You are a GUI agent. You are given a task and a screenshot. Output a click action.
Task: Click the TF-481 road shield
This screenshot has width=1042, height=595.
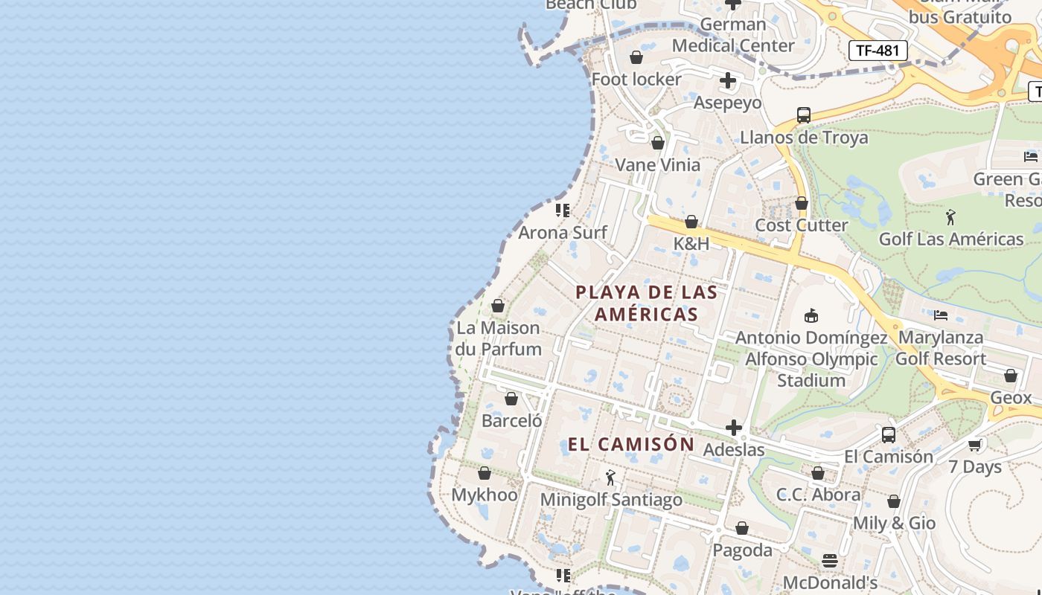point(878,51)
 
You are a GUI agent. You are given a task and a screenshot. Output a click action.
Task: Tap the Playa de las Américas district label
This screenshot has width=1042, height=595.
point(647,303)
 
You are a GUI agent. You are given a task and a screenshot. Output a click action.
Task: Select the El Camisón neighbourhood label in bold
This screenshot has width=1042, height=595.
point(631,445)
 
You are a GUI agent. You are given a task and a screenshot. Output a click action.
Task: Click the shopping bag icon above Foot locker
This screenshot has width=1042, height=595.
point(636,57)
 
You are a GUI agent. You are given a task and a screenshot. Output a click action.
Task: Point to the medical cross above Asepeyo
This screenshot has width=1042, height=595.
point(728,80)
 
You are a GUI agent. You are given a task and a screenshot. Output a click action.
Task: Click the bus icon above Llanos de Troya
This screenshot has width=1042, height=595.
point(804,115)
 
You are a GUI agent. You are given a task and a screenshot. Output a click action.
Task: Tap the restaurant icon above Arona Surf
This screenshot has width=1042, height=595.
point(563,210)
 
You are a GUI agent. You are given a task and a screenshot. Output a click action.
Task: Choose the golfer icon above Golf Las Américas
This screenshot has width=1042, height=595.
point(950,217)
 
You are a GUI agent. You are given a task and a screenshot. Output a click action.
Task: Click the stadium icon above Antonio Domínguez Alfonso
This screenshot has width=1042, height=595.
point(811,316)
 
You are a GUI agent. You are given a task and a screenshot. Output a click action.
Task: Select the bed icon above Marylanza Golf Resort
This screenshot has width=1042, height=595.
point(941,315)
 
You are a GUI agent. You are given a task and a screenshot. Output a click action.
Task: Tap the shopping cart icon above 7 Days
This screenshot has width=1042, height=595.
point(975,445)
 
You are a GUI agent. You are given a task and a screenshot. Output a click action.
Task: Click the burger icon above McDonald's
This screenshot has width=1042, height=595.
point(830,560)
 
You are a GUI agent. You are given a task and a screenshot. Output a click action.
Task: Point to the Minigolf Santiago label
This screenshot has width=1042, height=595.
point(611,500)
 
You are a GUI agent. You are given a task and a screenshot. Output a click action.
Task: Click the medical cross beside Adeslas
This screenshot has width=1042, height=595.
point(734,428)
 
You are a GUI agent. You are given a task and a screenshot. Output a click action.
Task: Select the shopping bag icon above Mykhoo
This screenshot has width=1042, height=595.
point(485,473)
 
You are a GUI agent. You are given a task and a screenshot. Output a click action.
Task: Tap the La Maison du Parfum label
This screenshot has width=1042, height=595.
point(498,338)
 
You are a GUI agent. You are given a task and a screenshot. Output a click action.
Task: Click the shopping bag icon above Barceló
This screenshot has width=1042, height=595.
point(511,399)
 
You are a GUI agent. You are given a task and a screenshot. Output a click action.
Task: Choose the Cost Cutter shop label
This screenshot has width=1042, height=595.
point(802,225)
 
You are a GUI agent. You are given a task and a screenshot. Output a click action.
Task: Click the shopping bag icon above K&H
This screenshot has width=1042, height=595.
point(691,222)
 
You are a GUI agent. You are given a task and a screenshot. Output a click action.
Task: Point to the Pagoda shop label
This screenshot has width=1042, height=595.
point(742,550)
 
